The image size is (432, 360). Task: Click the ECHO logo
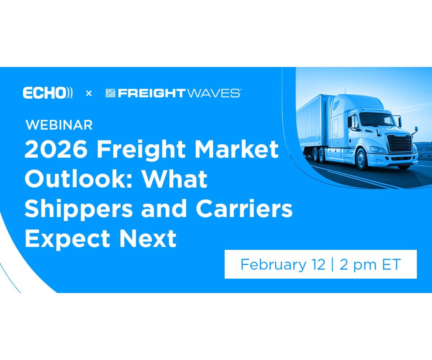point(48,93)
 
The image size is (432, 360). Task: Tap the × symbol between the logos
point(89,94)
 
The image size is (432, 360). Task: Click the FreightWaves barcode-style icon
point(110,93)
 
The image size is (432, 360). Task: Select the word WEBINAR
point(59,125)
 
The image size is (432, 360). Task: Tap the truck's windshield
point(378,119)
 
